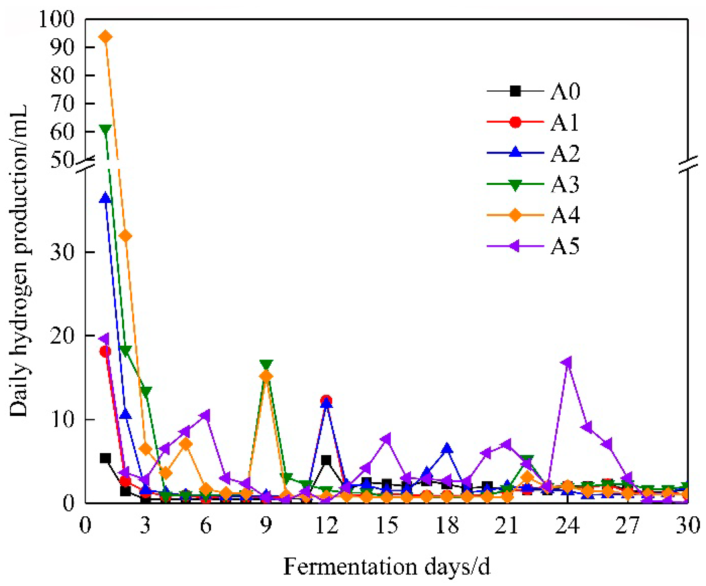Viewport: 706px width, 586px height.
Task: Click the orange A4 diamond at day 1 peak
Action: tap(105, 37)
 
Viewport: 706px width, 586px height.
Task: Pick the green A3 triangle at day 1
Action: tap(105, 130)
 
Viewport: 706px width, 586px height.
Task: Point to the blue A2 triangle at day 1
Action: tap(105, 197)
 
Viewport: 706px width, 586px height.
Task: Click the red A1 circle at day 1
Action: tap(105, 351)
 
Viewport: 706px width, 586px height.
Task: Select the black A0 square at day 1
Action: tap(105, 458)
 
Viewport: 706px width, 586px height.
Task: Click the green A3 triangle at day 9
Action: tap(266, 364)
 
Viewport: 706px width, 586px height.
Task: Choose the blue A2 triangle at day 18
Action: tap(447, 448)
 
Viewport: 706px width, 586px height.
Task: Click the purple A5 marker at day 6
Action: tap(205, 415)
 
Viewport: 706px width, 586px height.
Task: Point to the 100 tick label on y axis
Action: tap(57, 19)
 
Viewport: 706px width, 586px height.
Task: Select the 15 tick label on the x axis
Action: tap(387, 525)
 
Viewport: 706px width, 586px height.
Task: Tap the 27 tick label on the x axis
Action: tap(627, 525)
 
